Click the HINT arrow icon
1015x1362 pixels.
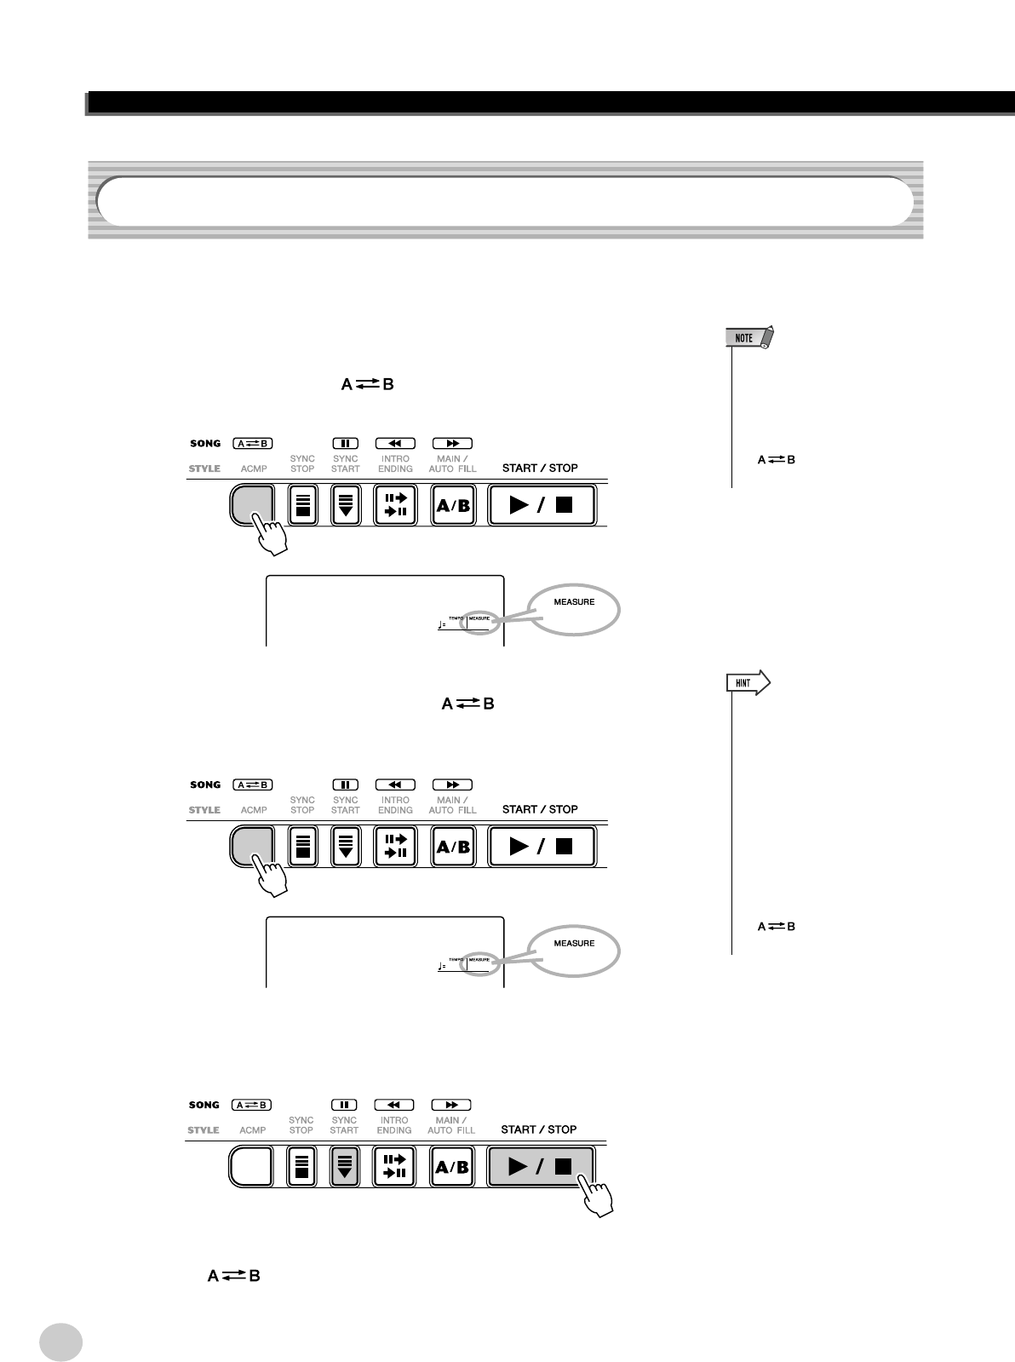[x=748, y=683]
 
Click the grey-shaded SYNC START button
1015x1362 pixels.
[x=344, y=1166]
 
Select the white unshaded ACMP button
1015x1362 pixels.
[x=250, y=1166]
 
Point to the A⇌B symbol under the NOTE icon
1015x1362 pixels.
[x=777, y=460]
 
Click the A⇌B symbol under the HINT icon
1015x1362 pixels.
[x=777, y=926]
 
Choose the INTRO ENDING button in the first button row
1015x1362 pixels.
[x=395, y=505]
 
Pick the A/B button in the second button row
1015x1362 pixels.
[x=452, y=847]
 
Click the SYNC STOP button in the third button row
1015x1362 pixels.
[x=301, y=1166]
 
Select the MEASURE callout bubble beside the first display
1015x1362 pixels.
[x=574, y=609]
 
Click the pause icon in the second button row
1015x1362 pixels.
[x=346, y=784]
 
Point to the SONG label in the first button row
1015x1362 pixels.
[x=204, y=444]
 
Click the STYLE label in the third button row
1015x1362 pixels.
[x=204, y=1130]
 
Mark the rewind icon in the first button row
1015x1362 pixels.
[x=395, y=444]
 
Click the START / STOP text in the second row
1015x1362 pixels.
[x=540, y=809]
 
